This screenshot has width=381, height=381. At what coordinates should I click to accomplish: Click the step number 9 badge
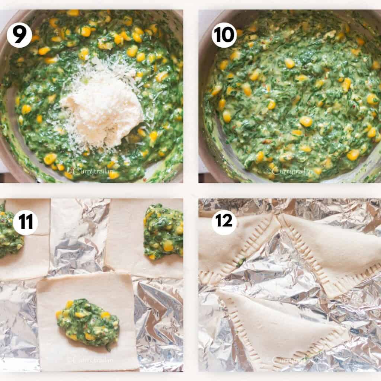pos(19,35)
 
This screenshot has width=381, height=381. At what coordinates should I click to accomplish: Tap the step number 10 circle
pos(224,35)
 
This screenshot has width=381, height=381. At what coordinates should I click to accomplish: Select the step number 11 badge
pos(25,222)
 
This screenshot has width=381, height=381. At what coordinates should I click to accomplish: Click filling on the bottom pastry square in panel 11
pos(88,323)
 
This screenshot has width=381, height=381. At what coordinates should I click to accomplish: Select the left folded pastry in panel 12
pos(231,249)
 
